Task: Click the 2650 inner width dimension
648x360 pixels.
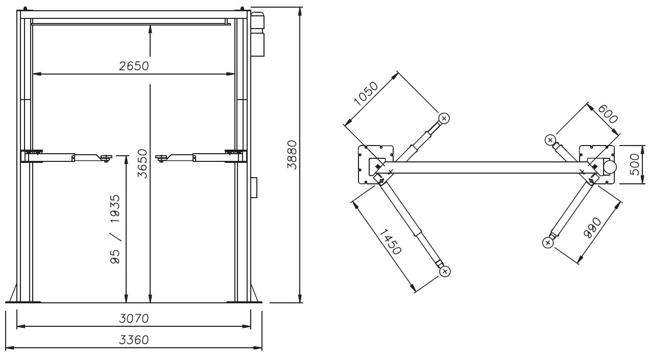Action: pyautogui.click(x=134, y=66)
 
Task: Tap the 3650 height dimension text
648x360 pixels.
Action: pyautogui.click(x=142, y=163)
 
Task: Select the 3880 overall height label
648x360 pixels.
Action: pyautogui.click(x=292, y=155)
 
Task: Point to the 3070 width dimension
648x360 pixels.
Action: pyautogui.click(x=134, y=319)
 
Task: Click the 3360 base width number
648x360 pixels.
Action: pyautogui.click(x=134, y=340)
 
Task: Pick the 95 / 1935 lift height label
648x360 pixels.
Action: pyautogui.click(x=115, y=229)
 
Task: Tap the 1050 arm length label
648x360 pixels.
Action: pyautogui.click(x=366, y=94)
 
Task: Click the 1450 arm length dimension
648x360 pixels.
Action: pyautogui.click(x=391, y=242)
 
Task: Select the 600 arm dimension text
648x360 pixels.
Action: pyautogui.click(x=608, y=114)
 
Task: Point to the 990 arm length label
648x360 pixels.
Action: pyautogui.click(x=593, y=228)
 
